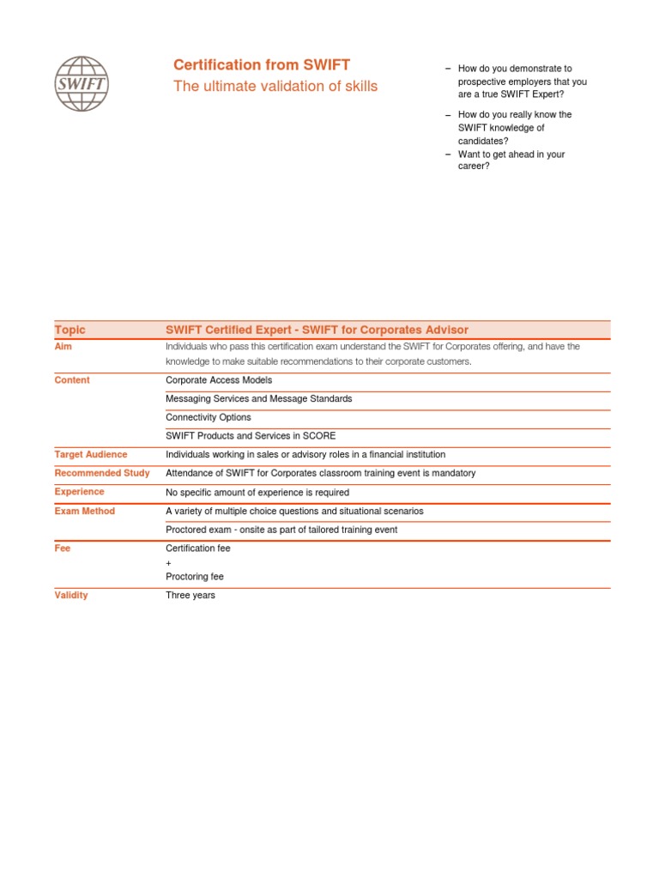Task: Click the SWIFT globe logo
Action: point(82,83)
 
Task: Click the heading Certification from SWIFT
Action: point(262,65)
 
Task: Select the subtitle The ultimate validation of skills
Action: point(275,86)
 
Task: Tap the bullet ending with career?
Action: point(511,161)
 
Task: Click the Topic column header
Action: point(70,330)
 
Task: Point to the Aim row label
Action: point(63,347)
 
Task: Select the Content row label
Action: point(72,379)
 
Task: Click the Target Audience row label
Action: point(91,454)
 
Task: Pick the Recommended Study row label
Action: point(102,473)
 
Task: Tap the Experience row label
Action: point(80,492)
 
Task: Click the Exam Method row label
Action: point(85,511)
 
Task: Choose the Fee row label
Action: point(63,548)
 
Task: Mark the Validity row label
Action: point(71,595)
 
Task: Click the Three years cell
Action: point(190,595)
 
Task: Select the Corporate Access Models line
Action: point(219,379)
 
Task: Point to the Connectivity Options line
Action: point(209,417)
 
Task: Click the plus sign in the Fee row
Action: point(169,562)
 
